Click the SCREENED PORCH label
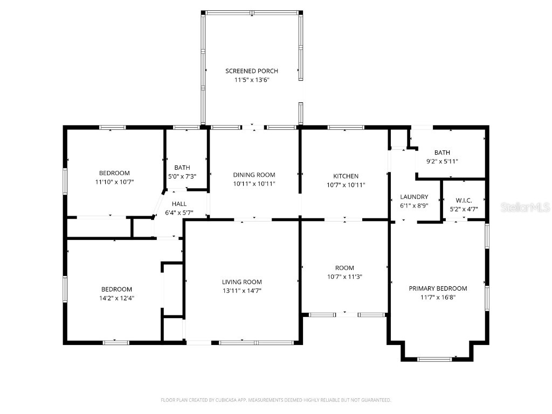point(251,71)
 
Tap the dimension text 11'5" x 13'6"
point(251,80)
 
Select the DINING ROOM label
point(254,175)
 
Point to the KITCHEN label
point(346,176)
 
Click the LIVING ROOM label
point(241,282)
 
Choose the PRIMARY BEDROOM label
point(438,288)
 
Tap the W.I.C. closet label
point(464,200)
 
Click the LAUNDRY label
point(414,197)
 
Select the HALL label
point(179,204)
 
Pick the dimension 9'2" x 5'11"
point(442,161)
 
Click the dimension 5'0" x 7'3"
point(182,176)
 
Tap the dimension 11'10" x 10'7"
point(114,182)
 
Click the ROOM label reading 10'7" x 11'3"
point(344,268)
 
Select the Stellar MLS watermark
point(525,207)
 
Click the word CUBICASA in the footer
point(231,400)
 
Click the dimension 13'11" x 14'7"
point(241,291)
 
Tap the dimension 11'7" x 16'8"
point(438,297)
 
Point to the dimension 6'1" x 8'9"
point(414,205)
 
